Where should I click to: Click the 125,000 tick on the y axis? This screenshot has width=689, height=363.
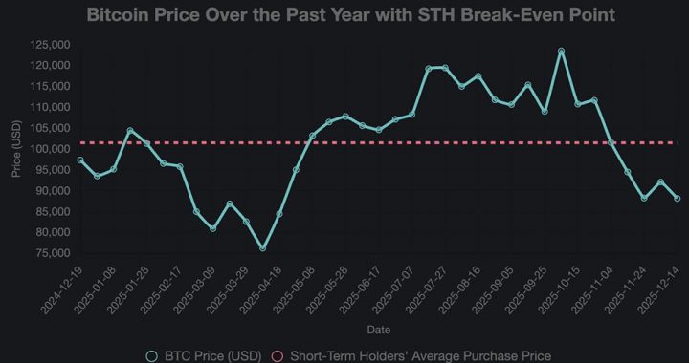pyautogui.click(x=48, y=45)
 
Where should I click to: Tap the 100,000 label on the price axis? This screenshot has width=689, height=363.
pyautogui.click(x=48, y=149)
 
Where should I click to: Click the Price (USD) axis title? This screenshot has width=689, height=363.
pyautogui.click(x=16, y=149)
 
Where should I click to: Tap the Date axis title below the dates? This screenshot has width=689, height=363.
pyautogui.click(x=378, y=330)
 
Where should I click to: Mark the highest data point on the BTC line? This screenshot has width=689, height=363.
pyautogui.click(x=561, y=52)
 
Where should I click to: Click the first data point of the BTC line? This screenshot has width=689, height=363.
pyautogui.click(x=80, y=160)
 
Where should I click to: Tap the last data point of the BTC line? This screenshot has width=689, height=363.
pyautogui.click(x=678, y=199)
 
